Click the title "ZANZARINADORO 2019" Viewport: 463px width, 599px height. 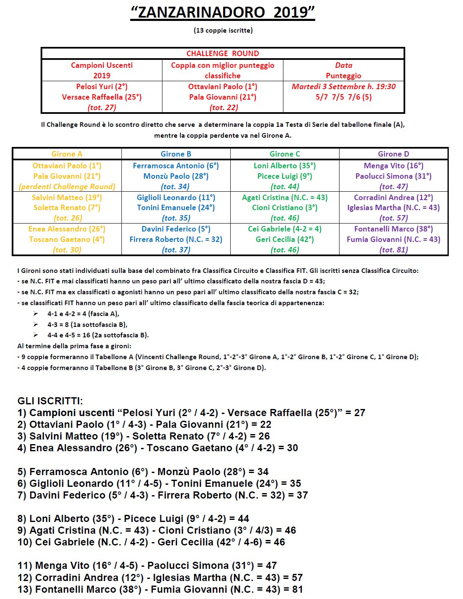coord(223,12)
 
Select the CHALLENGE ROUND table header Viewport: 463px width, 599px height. coord(223,54)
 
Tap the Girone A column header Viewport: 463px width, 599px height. coord(67,154)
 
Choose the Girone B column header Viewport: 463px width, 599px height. coord(176,154)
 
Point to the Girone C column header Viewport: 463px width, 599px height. coord(285,154)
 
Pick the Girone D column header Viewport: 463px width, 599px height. coord(394,154)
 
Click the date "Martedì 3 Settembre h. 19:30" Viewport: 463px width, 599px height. coord(343,87)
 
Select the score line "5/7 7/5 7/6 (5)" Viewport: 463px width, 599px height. coord(343,97)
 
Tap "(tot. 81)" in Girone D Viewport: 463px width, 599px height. coord(394,250)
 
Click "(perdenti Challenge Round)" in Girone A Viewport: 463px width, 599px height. coord(67,187)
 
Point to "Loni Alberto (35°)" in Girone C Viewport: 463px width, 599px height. coord(285,166)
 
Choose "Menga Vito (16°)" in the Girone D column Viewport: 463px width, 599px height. coord(394,166)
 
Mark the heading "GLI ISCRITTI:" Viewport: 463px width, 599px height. coord(50,401)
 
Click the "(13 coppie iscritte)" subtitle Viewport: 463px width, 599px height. coord(223,30)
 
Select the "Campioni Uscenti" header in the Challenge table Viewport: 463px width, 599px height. coord(102,65)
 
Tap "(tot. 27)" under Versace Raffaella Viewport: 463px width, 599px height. coord(102,108)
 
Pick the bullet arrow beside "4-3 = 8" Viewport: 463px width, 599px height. coord(36,324)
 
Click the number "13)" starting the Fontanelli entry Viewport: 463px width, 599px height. coord(25,589)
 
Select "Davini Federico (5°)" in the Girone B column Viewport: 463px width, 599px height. coord(176,229)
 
